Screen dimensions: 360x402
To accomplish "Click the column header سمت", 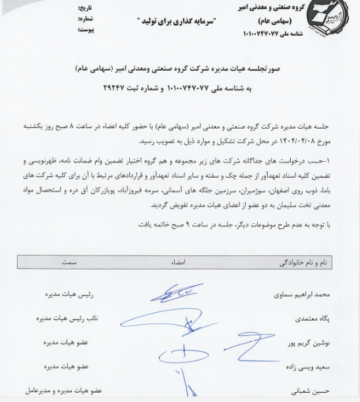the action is click(x=70, y=262).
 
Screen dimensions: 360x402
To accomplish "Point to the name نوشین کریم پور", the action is click(x=313, y=343).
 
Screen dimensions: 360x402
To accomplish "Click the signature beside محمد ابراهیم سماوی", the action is click(x=179, y=293).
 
